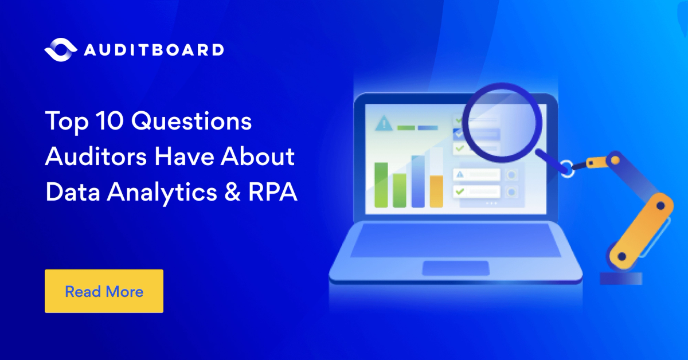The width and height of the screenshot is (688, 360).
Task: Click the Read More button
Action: click(104, 291)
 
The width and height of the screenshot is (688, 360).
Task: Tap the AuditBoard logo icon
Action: click(60, 49)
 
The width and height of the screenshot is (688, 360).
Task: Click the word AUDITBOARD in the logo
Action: click(154, 49)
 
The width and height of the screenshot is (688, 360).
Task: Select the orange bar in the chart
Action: click(436, 191)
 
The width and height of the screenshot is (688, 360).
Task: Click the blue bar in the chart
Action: click(418, 181)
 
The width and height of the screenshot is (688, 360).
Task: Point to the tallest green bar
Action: click(381, 185)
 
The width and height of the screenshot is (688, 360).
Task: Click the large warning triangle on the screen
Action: click(382, 124)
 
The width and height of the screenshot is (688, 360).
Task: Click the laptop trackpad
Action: click(455, 268)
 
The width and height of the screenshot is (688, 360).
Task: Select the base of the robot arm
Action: click(620, 278)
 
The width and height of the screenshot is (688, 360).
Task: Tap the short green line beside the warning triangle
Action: click(406, 127)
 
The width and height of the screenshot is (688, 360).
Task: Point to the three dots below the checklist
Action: click(491, 204)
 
